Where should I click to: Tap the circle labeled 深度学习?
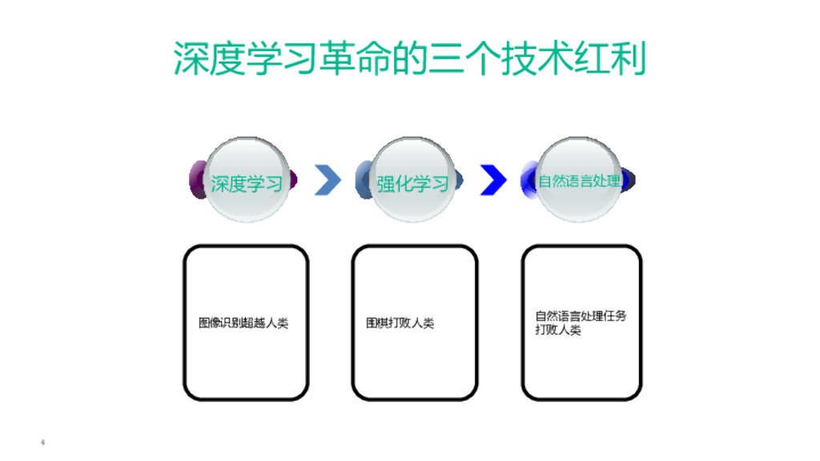pyautogui.click(x=247, y=181)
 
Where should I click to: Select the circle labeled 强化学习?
pyautogui.click(x=413, y=181)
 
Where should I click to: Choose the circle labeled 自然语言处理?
pyautogui.click(x=578, y=180)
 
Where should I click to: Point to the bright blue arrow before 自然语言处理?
pyautogui.click(x=493, y=180)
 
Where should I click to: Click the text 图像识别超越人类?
pyautogui.click(x=243, y=323)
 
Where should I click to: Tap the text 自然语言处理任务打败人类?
pyautogui.click(x=581, y=323)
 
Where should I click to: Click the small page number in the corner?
pyautogui.click(x=42, y=442)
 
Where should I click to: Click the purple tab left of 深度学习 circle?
pyautogui.click(x=195, y=180)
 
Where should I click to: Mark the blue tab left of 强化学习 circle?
pyautogui.click(x=360, y=180)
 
